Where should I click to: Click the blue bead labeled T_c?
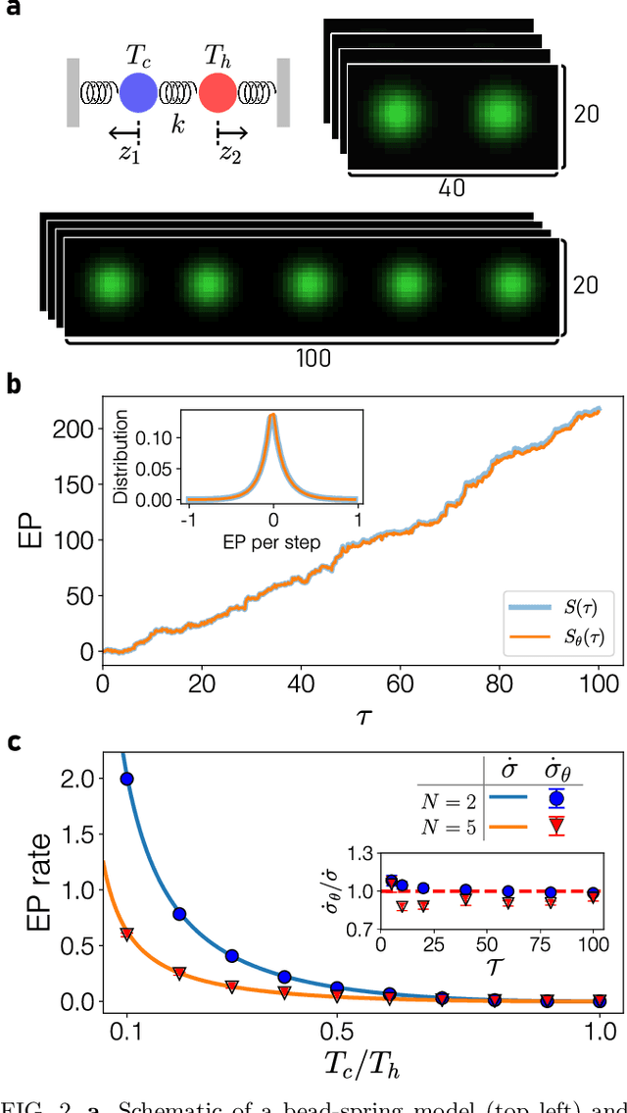[138, 93]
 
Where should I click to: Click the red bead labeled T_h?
[217, 93]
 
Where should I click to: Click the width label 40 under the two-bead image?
[454, 186]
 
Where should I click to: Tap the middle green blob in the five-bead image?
[310, 283]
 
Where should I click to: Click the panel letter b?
[13, 382]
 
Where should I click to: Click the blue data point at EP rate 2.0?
[126, 779]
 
